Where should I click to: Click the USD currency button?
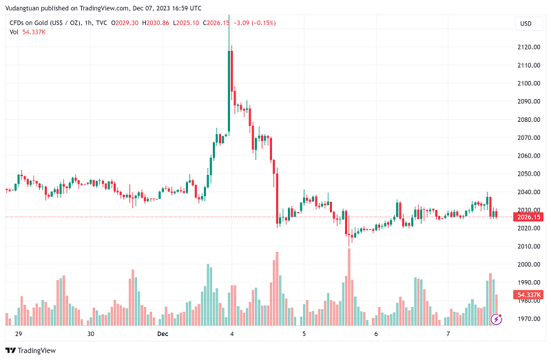[525, 23]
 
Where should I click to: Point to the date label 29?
[19, 334]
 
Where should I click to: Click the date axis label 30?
[90, 334]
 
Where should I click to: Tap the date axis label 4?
[232, 334]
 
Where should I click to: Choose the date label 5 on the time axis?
[304, 334]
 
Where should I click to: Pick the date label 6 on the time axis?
[376, 334]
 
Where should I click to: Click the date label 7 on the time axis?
[448, 334]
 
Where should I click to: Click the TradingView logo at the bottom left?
[31, 350]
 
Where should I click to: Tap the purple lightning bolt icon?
[496, 319]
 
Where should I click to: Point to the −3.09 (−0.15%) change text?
[255, 23]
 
